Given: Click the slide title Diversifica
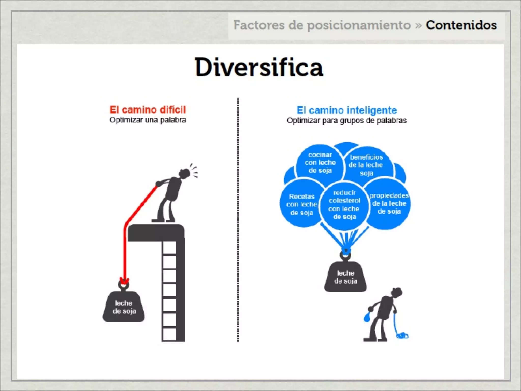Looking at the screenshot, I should coord(259,67).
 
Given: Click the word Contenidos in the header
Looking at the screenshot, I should coord(461,25).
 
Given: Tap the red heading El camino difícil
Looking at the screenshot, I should coord(148,110).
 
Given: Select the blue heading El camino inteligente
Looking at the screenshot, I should coord(347,110).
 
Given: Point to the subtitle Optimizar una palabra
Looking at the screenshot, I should coord(148,120).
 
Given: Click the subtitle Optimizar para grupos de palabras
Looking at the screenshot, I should coord(346,120).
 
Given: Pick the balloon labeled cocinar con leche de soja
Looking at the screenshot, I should coord(320,162).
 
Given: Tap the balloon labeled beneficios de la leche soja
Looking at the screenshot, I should coord(366,165).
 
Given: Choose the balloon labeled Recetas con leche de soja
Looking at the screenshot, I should coord(301,204).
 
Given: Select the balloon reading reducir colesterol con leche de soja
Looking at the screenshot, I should coord(344,205).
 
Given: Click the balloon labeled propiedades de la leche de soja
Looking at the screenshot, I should coord(389,204).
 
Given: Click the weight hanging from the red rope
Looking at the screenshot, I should coord(124,306).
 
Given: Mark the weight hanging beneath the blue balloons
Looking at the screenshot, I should coord(345,277).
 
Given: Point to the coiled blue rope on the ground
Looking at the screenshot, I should coord(402,336).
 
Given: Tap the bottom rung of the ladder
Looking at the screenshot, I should coord(169,334).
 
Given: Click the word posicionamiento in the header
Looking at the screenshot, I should coord(359,25).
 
